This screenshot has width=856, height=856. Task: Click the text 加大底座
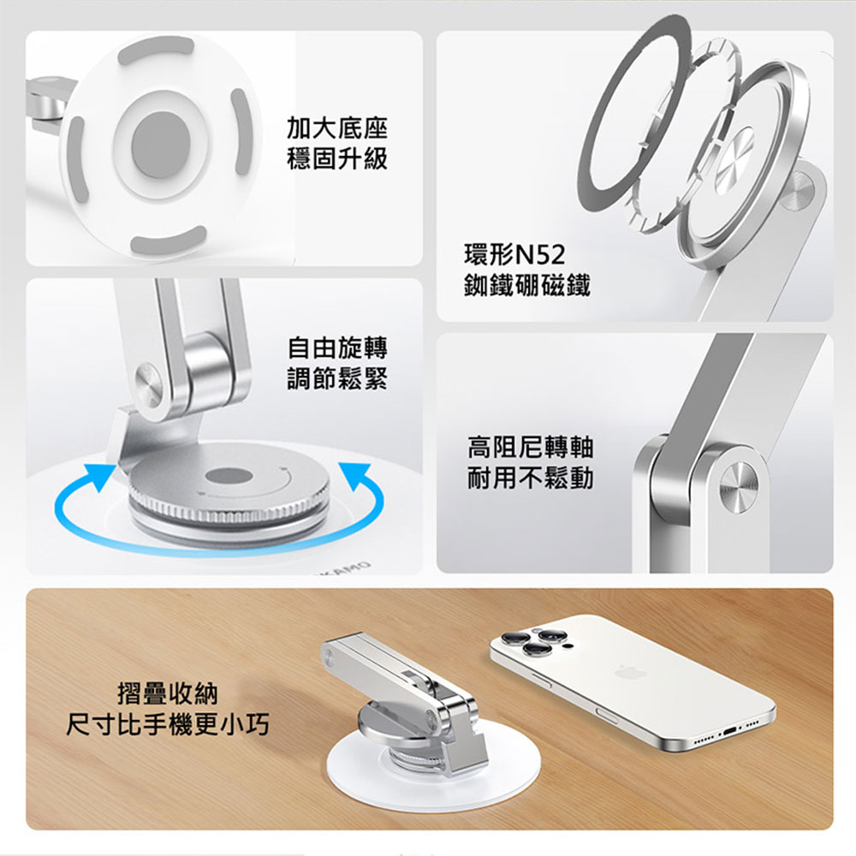point(337,128)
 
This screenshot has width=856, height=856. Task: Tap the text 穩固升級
point(337,158)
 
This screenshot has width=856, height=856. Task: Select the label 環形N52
point(514,254)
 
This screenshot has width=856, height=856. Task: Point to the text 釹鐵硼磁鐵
point(526,285)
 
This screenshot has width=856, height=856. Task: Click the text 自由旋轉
point(337,348)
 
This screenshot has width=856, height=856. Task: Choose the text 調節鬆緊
point(337,378)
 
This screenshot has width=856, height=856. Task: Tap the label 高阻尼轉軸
point(530,447)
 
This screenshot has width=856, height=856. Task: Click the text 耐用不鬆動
point(530,479)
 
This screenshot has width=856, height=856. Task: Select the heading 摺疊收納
point(168,694)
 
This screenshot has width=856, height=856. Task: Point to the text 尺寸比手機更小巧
point(168,725)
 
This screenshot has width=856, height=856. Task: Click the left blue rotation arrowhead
point(102,476)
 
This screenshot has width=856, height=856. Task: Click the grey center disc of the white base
point(161,144)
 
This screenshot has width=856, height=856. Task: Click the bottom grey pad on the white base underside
point(169,240)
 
